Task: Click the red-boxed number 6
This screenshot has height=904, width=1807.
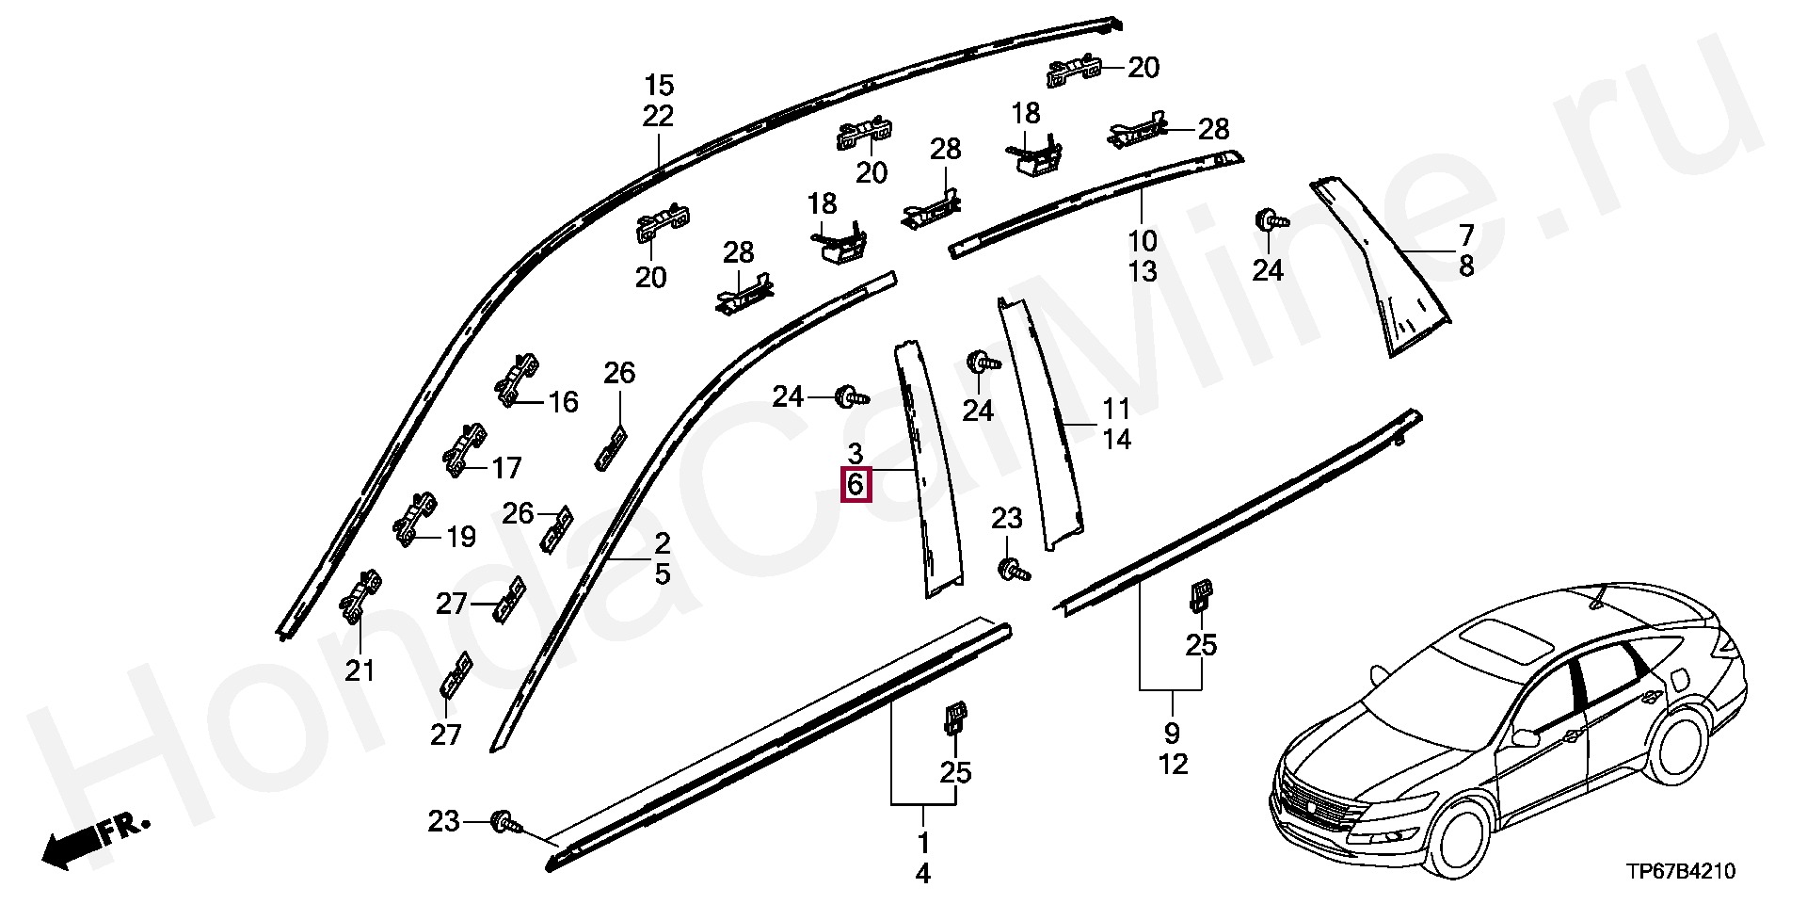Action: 856,485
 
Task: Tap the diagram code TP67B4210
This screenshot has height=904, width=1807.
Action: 1681,872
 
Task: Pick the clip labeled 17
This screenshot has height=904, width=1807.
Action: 465,449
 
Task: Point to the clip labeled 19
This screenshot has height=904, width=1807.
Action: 414,518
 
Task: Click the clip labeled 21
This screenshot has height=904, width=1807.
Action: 361,596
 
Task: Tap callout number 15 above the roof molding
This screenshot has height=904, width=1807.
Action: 659,86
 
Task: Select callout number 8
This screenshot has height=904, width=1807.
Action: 1466,266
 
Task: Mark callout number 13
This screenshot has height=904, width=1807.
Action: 1143,271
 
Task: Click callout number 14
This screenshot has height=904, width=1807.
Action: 1116,439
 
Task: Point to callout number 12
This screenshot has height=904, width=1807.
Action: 1173,764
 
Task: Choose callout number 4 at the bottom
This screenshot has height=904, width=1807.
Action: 923,874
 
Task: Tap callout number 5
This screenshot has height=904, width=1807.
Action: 663,573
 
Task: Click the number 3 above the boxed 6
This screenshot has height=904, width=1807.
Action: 855,454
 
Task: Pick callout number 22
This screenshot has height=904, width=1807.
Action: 659,116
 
